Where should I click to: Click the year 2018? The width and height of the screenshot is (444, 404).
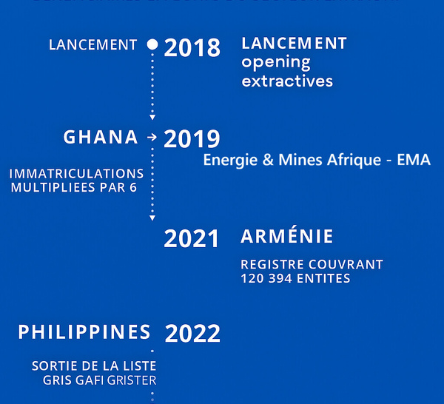(192, 48)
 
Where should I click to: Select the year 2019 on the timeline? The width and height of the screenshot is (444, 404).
(192, 138)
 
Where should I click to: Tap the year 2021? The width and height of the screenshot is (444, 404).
(192, 239)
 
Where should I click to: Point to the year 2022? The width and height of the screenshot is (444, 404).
(192, 334)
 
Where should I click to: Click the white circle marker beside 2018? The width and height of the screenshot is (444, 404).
(152, 44)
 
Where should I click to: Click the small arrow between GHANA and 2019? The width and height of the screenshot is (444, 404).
(152, 138)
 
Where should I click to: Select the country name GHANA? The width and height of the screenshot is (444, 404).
(101, 137)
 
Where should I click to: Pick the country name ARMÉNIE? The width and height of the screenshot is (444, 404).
(287, 237)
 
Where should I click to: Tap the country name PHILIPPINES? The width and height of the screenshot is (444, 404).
(84, 331)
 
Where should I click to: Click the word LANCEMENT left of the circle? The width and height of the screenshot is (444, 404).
(92, 45)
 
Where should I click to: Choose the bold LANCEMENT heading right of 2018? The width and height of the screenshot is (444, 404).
(294, 44)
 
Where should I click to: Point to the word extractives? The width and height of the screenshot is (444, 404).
(287, 81)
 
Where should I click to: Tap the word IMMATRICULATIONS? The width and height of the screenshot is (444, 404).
(76, 174)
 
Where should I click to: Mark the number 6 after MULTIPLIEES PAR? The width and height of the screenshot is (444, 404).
(133, 188)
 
